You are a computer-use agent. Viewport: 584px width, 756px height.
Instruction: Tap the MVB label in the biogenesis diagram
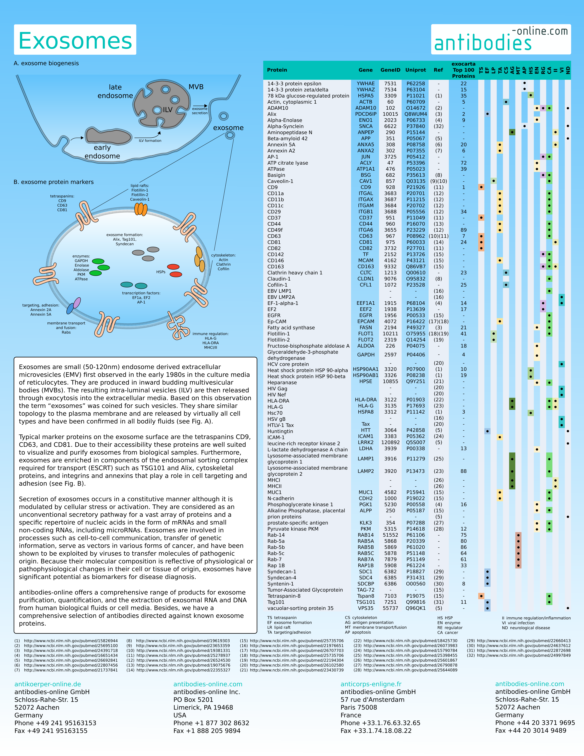tap(196, 87)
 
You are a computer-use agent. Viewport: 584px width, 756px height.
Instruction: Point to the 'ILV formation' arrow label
tap(150, 140)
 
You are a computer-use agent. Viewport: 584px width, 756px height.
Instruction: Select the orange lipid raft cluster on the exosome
tap(141, 209)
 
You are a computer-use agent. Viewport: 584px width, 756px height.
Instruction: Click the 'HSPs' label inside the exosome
tap(161, 272)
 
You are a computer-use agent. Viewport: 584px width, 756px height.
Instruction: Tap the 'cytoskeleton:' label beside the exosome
tap(223, 255)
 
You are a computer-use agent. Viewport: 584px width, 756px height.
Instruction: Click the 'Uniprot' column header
tap(416, 70)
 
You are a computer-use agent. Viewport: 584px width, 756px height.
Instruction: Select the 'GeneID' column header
tap(390, 70)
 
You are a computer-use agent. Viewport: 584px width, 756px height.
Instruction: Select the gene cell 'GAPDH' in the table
tap(366, 355)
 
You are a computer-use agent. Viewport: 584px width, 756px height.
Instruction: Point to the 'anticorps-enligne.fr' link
tap(371, 684)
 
